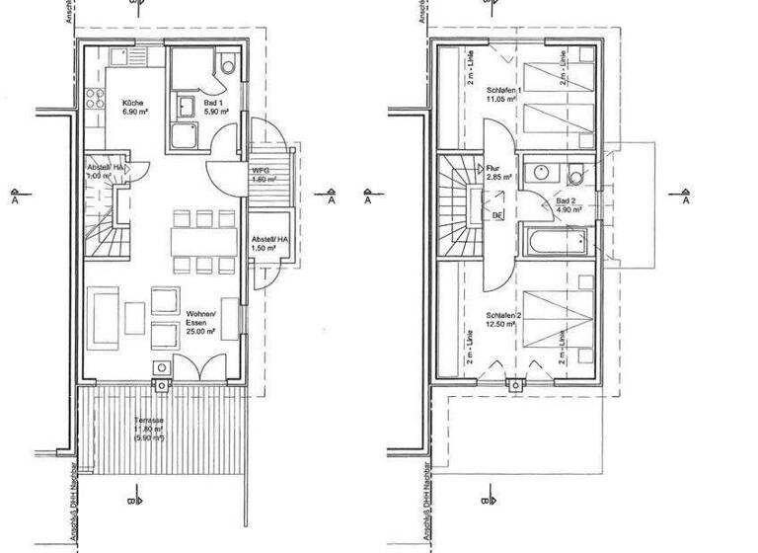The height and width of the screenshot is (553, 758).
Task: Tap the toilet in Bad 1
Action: tap(228, 66)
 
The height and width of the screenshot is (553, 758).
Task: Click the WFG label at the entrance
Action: tap(262, 174)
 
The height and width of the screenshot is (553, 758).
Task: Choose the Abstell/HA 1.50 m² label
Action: tap(269, 244)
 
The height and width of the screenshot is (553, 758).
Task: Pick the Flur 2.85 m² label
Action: tap(496, 172)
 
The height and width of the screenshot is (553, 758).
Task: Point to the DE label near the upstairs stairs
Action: tap(497, 214)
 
